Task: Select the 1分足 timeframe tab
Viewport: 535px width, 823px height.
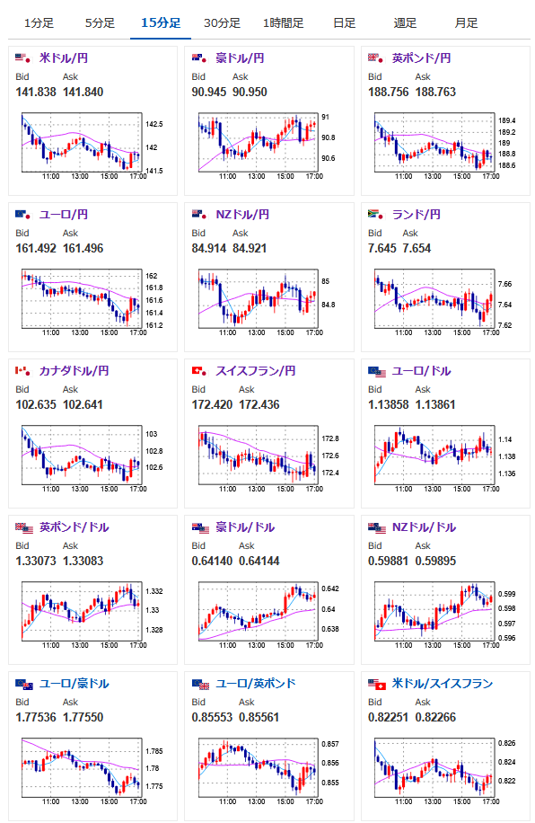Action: (x=39, y=23)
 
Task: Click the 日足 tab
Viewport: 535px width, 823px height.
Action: (x=344, y=23)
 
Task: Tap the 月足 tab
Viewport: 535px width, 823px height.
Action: (x=466, y=23)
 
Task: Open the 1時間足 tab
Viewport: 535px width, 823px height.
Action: (x=284, y=23)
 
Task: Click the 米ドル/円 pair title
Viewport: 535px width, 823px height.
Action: (x=64, y=58)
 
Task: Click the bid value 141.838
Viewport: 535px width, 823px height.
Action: (x=36, y=92)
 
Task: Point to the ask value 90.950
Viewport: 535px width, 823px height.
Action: (x=250, y=92)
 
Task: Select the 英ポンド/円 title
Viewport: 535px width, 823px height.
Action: (x=421, y=58)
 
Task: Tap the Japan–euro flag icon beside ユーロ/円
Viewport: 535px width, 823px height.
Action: (x=22, y=215)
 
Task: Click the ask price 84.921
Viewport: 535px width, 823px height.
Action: (x=250, y=248)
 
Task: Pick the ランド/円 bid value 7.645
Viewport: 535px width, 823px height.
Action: (x=382, y=248)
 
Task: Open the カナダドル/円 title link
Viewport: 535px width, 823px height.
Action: (x=74, y=370)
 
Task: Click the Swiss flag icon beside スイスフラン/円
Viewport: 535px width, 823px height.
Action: (x=199, y=371)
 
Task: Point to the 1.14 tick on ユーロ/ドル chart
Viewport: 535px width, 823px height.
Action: (x=505, y=439)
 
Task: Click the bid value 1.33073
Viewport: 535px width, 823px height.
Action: (x=36, y=561)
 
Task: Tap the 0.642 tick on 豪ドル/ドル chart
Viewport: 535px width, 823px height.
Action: (x=330, y=588)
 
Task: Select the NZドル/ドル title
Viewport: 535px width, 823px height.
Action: (x=424, y=527)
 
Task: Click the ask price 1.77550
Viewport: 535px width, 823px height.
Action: (x=83, y=717)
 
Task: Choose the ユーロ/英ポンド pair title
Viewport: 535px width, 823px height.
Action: (x=256, y=684)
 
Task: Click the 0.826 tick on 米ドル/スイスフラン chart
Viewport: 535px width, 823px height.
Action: (x=506, y=743)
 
